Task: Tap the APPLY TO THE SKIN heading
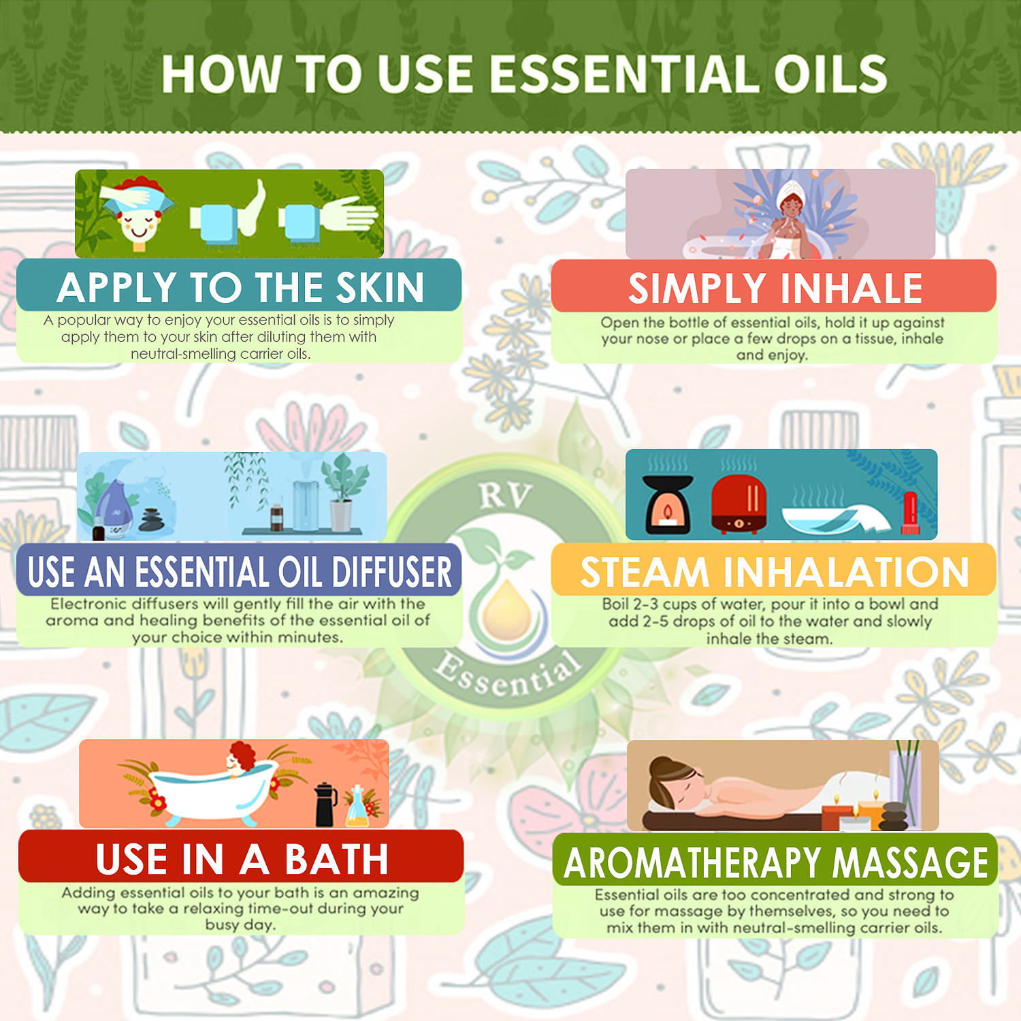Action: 240,287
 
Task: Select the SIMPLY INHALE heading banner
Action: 775,288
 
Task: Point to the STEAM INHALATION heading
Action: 775,572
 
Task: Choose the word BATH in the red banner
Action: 336,859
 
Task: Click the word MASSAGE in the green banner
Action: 909,863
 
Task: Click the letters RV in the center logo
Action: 504,495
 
